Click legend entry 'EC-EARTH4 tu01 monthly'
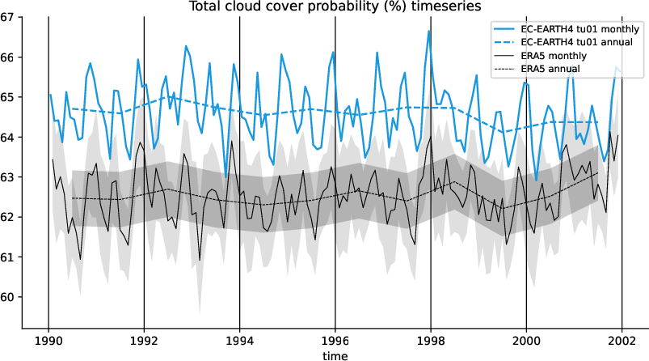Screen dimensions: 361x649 (x=575, y=27)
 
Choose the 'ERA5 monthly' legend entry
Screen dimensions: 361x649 (x=554, y=55)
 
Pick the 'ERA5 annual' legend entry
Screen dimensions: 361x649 (x=550, y=69)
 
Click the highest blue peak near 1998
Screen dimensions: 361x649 (x=429, y=31)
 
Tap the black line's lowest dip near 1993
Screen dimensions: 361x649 (x=200, y=260)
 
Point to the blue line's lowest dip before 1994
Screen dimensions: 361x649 (x=226, y=176)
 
